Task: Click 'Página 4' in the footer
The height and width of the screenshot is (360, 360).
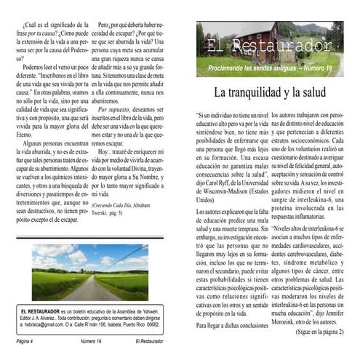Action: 31,340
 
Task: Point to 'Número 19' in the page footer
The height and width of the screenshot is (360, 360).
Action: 90,340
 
